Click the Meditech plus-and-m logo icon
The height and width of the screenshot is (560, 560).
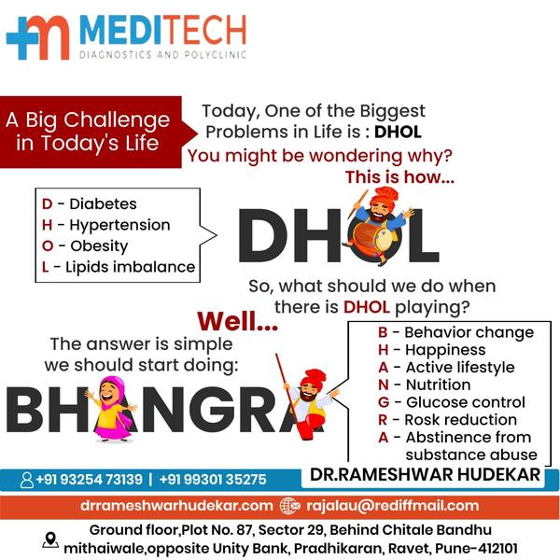click(x=38, y=37)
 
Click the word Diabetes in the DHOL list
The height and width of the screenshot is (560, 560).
click(x=103, y=203)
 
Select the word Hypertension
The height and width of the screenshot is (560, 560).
click(x=119, y=225)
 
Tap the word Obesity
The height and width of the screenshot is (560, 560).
click(x=99, y=246)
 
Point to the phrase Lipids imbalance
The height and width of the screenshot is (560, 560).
click(x=131, y=267)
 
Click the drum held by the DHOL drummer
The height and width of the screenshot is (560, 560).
click(x=372, y=237)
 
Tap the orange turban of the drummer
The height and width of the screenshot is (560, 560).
click(x=384, y=196)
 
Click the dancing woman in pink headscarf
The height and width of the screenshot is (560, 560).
click(x=112, y=409)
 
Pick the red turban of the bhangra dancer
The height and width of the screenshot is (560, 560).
click(x=313, y=377)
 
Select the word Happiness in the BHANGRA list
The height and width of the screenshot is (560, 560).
click(x=445, y=350)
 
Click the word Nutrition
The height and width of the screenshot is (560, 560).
click(x=439, y=385)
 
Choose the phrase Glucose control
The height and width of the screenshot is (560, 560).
click(x=466, y=402)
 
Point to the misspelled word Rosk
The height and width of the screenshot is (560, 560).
click(x=420, y=420)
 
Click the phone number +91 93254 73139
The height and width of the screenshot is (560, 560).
click(x=90, y=480)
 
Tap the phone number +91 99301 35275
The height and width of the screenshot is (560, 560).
click(x=213, y=480)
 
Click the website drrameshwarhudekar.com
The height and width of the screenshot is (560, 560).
click(x=176, y=506)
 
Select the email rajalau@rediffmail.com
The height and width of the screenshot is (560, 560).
click(x=393, y=506)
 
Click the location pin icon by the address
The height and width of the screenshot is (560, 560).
click(x=50, y=539)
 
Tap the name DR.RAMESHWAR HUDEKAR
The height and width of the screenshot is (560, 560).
click(x=425, y=475)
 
